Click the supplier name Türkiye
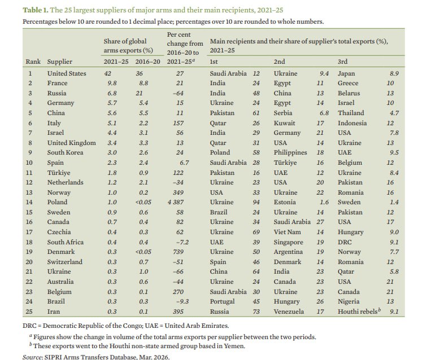point(58,173)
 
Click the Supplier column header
point(60,62)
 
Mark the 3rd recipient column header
point(343,62)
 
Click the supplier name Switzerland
point(65,262)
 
